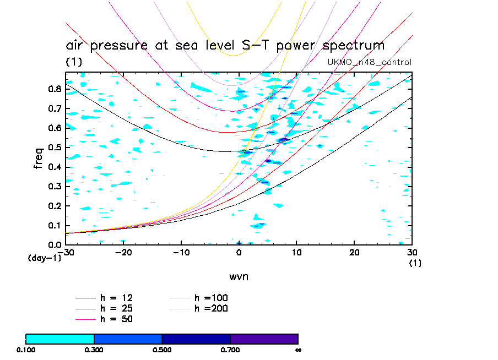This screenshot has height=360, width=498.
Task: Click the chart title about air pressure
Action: pyautogui.click(x=225, y=45)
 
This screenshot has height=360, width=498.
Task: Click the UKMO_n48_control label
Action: pyautogui.click(x=369, y=62)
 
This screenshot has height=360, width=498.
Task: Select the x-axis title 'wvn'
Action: pyautogui.click(x=239, y=276)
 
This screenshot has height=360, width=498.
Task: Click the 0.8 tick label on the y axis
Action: pyautogui.click(x=55, y=89)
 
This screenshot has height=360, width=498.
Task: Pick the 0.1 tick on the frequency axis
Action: pyautogui.click(x=55, y=225)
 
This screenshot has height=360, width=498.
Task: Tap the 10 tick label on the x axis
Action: pyautogui.click(x=296, y=252)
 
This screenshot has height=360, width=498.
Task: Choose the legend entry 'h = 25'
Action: pyautogui.click(x=116, y=308)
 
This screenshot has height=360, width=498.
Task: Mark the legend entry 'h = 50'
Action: pyautogui.click(x=116, y=319)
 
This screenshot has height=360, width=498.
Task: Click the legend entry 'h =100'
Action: pyautogui.click(x=211, y=298)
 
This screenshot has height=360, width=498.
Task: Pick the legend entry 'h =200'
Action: pyautogui.click(x=211, y=308)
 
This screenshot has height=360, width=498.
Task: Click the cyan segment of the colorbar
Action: pyautogui.click(x=60, y=339)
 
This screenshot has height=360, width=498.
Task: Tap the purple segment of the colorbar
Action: pyautogui.click(x=264, y=339)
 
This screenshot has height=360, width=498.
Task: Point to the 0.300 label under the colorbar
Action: pyautogui.click(x=94, y=350)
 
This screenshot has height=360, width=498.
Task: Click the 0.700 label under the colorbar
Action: pyautogui.click(x=230, y=350)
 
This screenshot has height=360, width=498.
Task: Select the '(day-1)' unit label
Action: pyautogui.click(x=44, y=258)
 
